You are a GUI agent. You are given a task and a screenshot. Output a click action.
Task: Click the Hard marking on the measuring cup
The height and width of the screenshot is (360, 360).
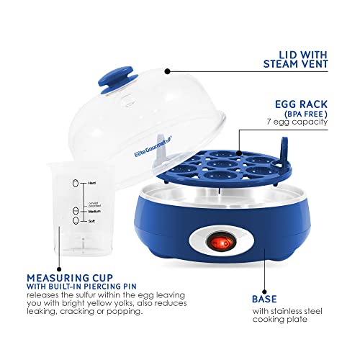click(x=91, y=184)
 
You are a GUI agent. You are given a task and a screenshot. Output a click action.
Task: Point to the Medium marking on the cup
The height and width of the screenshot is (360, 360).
click(x=94, y=210)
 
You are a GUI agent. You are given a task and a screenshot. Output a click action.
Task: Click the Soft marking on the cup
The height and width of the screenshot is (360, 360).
click(x=91, y=221)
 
